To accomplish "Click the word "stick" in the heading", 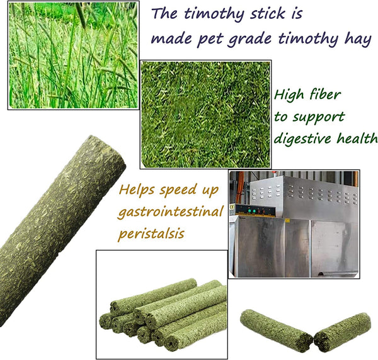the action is coord(268,13).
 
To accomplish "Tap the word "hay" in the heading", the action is coord(358,40).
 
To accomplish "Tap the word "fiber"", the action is coord(325,94).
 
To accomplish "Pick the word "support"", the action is coord(319,118).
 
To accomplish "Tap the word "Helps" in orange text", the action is coord(137,190).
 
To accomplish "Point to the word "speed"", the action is coord(178,190).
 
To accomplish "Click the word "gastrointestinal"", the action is coord(170,212).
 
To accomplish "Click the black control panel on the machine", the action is coord(256,211).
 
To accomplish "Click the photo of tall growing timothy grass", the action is coord(73,55).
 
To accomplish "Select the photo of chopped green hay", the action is coord(205,114).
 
